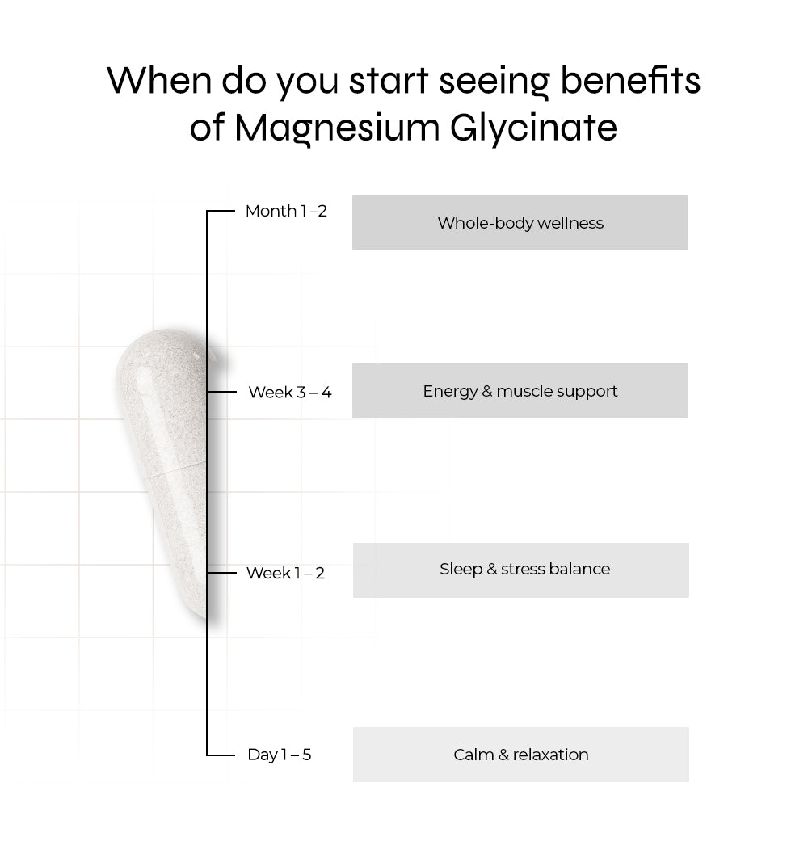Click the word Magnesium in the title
click(337, 128)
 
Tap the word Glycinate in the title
click(534, 128)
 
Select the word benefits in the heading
click(630, 81)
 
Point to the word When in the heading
click(158, 81)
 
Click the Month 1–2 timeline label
click(286, 211)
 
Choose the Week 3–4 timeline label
click(290, 393)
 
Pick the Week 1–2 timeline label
click(286, 573)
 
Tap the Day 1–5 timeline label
click(280, 755)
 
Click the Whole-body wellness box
click(520, 222)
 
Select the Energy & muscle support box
click(520, 390)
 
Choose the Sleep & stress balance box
click(520, 570)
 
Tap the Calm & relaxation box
click(520, 755)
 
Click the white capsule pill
click(164, 470)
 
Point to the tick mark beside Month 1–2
click(221, 211)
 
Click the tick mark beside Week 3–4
click(221, 392)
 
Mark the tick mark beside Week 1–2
click(221, 573)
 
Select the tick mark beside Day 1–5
click(221, 755)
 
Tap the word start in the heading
click(389, 81)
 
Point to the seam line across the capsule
click(176, 469)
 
